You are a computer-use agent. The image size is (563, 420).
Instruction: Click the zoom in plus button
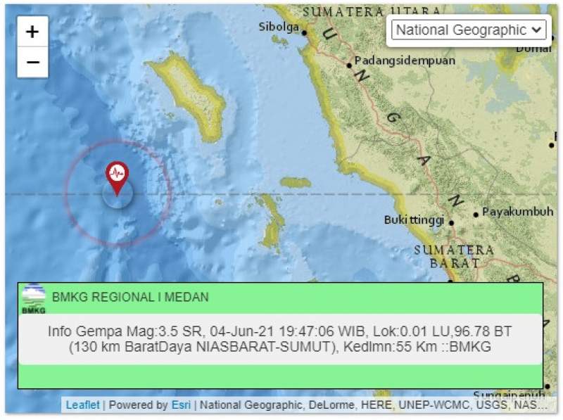click(32, 32)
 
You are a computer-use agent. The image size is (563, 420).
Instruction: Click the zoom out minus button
click(32, 63)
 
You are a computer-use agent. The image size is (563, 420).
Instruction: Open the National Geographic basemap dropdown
click(468, 30)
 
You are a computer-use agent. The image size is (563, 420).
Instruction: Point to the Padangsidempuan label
click(405, 61)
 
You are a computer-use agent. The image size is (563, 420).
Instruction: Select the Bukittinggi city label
click(414, 220)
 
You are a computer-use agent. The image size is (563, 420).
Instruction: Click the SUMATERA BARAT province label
click(454, 256)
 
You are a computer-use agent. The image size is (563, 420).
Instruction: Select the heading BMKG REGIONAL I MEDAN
click(130, 298)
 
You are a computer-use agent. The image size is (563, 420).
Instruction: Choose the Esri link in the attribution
click(180, 405)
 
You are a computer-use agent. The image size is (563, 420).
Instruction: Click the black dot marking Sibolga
click(305, 32)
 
